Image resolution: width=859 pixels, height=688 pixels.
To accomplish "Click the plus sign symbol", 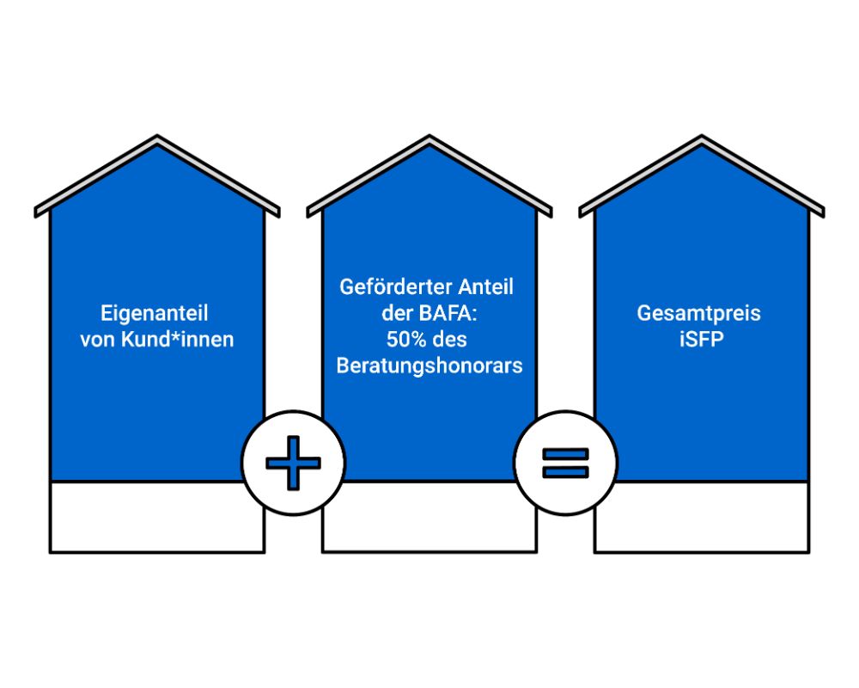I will [293, 463].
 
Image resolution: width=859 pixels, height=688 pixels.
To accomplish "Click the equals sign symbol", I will [564, 463].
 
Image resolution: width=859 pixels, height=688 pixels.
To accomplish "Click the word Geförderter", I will [384, 287].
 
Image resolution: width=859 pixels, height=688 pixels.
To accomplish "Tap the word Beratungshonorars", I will [429, 365].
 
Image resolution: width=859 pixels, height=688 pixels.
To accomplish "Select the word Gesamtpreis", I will [699, 313].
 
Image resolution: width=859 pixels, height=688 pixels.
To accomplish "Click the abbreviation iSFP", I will [699, 340].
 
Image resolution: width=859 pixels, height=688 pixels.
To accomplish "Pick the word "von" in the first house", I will [96, 340].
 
